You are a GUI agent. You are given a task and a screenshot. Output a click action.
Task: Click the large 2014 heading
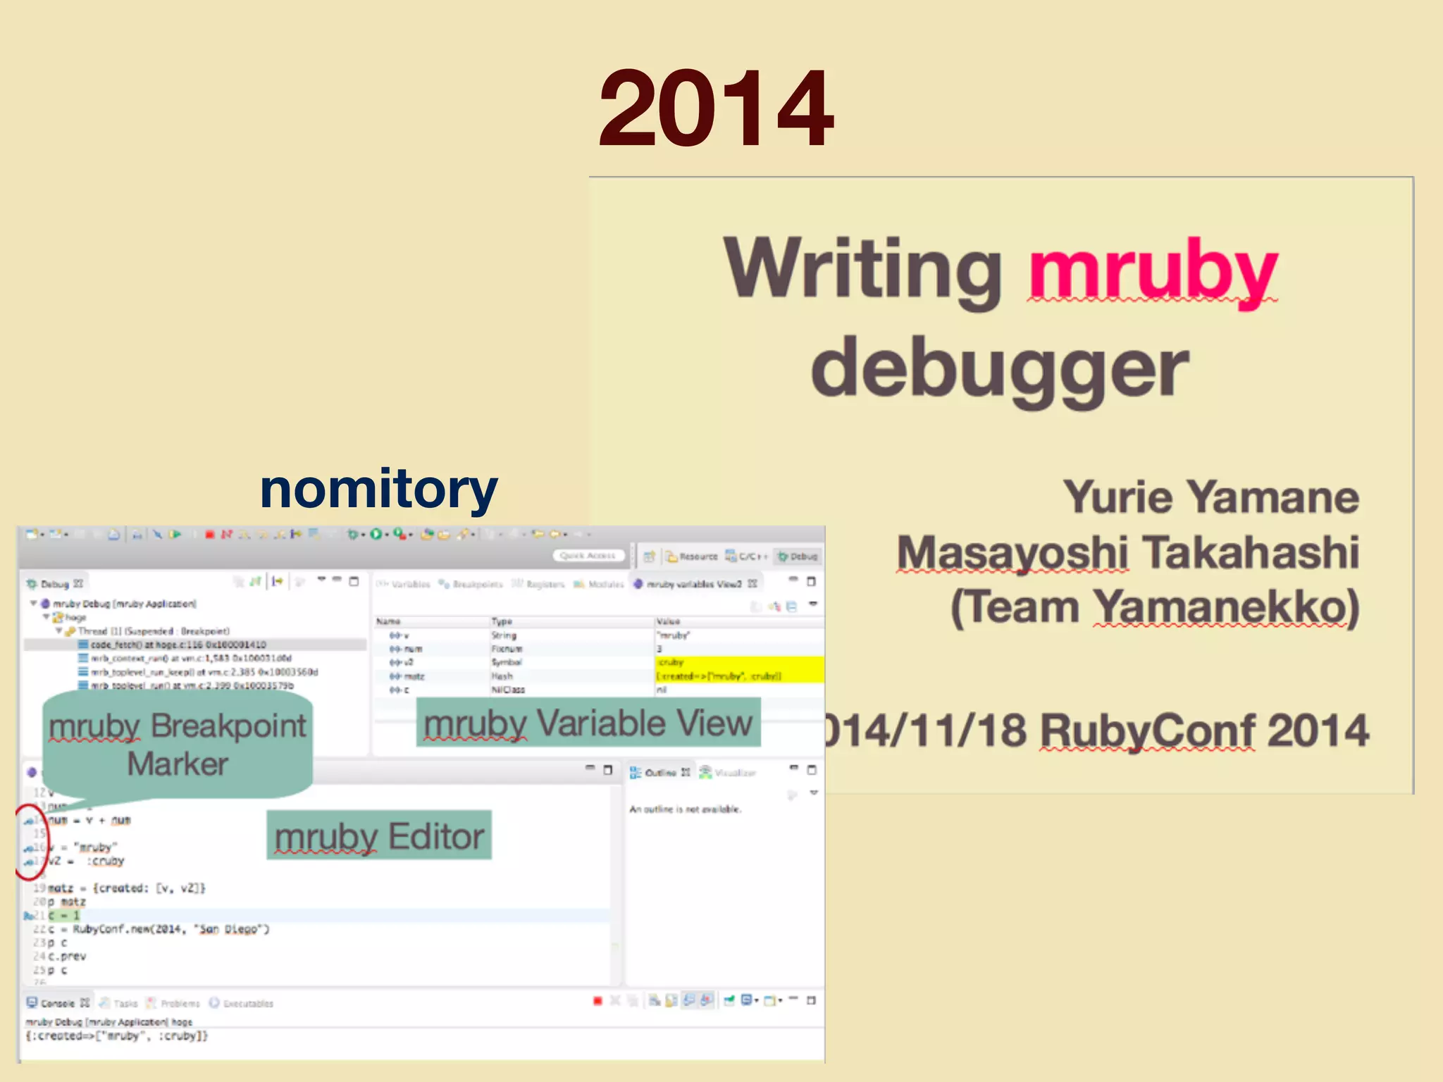click(715, 109)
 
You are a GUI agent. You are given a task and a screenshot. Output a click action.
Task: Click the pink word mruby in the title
click(1152, 271)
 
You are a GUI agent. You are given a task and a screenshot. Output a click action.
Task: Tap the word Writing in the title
click(863, 269)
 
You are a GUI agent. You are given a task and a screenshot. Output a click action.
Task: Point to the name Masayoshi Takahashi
click(1127, 552)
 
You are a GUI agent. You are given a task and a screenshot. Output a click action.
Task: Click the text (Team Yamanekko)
click(1154, 607)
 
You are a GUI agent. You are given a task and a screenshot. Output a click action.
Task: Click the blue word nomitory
click(378, 489)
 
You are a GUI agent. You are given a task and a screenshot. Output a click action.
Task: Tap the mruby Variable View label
click(588, 723)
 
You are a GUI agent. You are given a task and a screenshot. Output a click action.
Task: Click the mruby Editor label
click(379, 836)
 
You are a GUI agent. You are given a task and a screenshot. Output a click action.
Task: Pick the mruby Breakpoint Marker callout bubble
click(178, 745)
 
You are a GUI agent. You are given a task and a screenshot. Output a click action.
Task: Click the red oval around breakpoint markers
click(30, 842)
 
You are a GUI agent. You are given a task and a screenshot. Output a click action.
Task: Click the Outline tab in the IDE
click(659, 773)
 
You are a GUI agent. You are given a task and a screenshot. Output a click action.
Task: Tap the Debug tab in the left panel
click(54, 584)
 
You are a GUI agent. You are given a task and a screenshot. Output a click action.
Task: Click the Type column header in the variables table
click(502, 621)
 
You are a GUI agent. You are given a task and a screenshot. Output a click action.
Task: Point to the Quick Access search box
click(588, 556)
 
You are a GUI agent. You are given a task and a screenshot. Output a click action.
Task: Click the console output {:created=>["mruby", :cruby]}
click(117, 1036)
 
